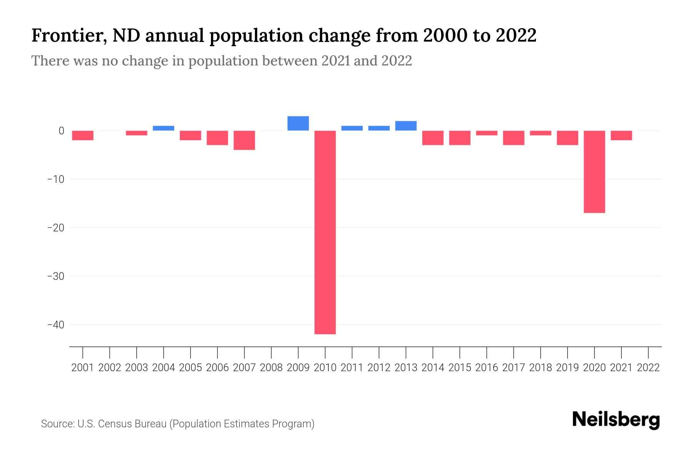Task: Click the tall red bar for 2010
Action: [325, 232]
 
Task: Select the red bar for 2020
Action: [594, 172]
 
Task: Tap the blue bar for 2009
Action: [298, 123]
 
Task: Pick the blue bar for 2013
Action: [406, 126]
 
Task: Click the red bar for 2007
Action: [244, 140]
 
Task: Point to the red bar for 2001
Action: [83, 136]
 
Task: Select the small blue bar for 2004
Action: [163, 128]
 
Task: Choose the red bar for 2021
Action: [621, 136]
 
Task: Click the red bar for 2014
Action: [433, 138]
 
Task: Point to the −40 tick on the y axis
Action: [56, 325]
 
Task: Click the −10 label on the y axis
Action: [56, 179]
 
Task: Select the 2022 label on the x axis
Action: [648, 368]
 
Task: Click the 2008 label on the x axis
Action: [271, 368]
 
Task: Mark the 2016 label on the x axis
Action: [487, 368]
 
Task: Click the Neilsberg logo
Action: [616, 420]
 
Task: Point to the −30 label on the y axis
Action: [56, 276]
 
